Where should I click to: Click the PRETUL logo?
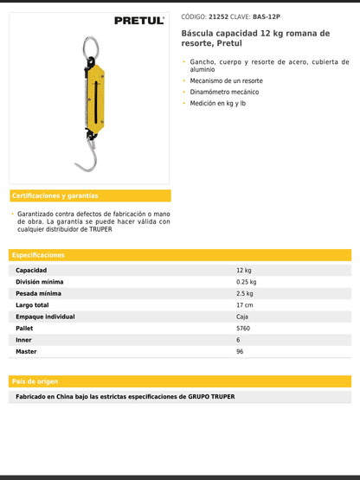[138, 20]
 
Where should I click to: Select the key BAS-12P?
[267, 16]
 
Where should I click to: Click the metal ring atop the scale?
[90, 47]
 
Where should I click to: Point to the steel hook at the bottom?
[86, 160]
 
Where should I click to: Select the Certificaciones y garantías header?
[55, 195]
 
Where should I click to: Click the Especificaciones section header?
[39, 255]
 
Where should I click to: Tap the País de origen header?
[35, 381]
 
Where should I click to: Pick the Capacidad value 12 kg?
[243, 270]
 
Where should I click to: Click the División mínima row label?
[39, 282]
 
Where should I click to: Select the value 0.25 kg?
[246, 282]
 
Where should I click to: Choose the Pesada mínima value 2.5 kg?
[244, 293]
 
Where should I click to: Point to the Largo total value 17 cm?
[244, 305]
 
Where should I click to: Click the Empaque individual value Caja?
[242, 317]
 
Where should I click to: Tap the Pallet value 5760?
[242, 329]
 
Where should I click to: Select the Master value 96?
[240, 352]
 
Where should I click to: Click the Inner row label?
[24, 340]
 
